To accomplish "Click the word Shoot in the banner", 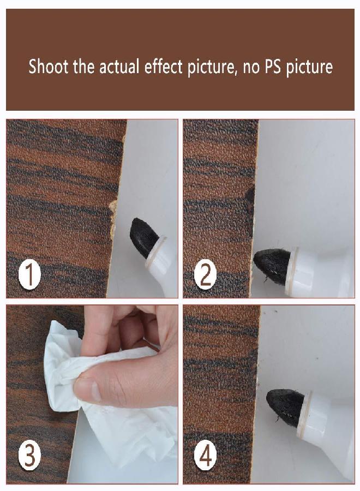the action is click(x=49, y=67).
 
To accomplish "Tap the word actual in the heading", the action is click(x=119, y=67).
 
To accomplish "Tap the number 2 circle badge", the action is click(x=206, y=276).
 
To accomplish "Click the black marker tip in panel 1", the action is click(x=142, y=236).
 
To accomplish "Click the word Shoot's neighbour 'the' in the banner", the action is click(x=83, y=67).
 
